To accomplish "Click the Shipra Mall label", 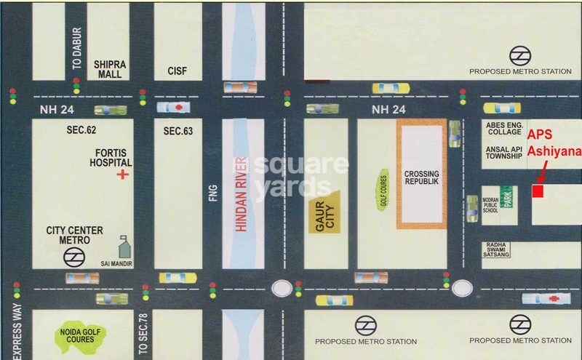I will tap(110, 69).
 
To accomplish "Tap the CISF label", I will tap(178, 71).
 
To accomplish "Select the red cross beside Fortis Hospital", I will tap(124, 175).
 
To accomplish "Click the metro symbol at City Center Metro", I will tap(72, 255).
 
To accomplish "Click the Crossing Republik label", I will tap(421, 180).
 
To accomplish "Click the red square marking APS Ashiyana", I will tap(538, 191).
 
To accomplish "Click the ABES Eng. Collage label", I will tap(504, 128).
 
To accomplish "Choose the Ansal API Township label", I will tap(504, 151).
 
